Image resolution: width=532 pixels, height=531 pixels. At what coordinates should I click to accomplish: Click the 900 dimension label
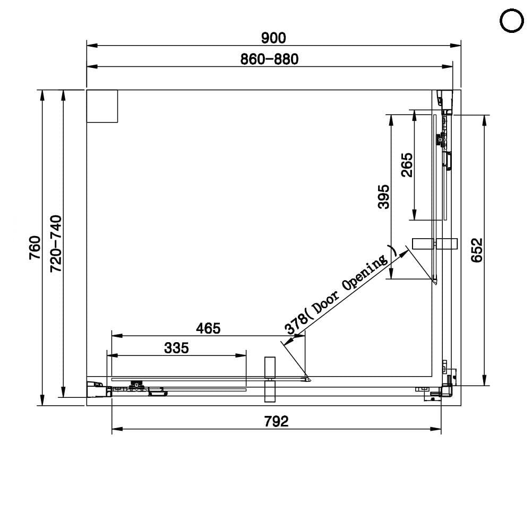coord(273,38)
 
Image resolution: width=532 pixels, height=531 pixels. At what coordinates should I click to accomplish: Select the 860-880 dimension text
coord(269,59)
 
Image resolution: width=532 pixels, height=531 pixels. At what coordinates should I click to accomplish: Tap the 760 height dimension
coord(35,248)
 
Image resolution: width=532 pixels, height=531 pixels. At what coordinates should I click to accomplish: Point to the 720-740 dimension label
coord(56,244)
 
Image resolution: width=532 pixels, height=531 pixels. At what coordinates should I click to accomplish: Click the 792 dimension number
coord(276,422)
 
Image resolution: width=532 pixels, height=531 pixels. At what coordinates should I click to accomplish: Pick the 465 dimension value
coord(208,328)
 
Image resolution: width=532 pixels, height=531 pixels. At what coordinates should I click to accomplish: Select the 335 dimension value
coord(176,348)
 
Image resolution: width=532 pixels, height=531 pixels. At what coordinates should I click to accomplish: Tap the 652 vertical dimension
coord(477,250)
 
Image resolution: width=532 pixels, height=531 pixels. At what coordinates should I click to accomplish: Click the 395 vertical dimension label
coord(384,197)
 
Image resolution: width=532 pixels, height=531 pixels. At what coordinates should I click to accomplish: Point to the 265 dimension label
coord(407,165)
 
